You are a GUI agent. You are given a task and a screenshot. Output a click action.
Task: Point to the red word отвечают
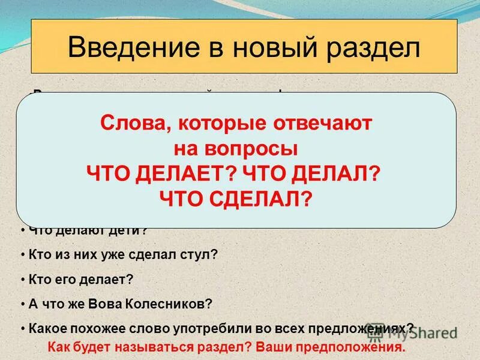(325, 124)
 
